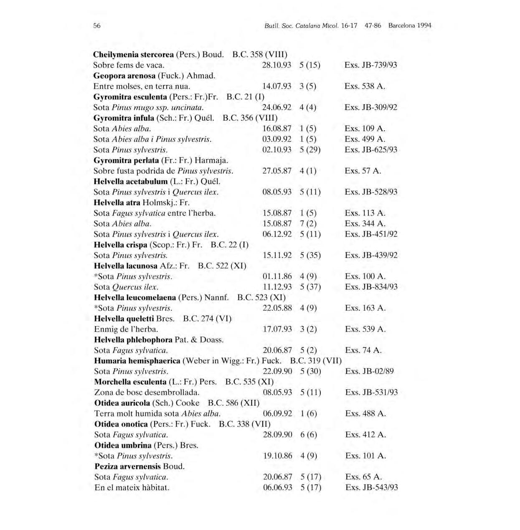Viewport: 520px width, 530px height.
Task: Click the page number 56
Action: coord(97,25)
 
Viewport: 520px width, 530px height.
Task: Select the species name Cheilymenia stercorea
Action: coord(133,55)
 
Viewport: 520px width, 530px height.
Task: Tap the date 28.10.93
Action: coord(276,65)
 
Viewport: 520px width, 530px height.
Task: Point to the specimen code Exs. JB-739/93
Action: coord(370,65)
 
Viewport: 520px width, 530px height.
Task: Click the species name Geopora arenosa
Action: coord(124,76)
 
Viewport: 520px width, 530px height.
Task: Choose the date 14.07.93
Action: coord(276,86)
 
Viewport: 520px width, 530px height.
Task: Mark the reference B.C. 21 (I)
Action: coord(245,97)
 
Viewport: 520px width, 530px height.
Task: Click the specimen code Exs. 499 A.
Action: coord(365,139)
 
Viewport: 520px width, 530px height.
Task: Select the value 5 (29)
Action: coord(310,150)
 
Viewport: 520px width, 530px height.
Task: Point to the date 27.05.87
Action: coord(276,171)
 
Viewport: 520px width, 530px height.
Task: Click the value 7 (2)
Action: coord(308,223)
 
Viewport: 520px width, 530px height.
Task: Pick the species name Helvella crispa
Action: coord(121,245)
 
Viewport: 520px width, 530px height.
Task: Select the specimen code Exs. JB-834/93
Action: coord(371,287)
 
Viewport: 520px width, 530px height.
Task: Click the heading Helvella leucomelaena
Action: coord(135,297)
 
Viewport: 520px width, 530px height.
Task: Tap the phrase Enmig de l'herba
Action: coord(126,329)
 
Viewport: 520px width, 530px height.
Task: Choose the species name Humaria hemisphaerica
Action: coord(137,361)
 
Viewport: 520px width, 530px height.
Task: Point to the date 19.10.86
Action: coord(278,456)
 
